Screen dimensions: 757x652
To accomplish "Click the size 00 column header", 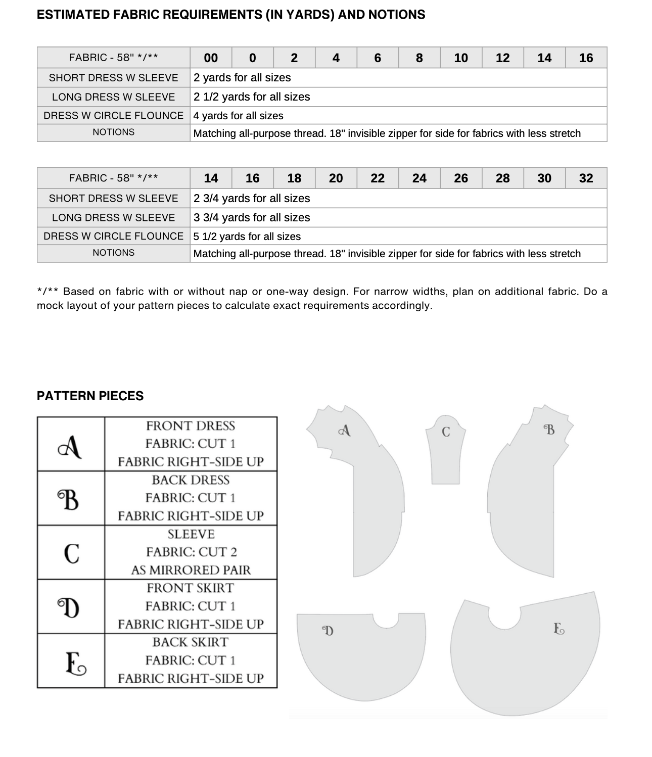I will [x=211, y=58].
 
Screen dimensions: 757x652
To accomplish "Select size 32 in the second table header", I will [x=586, y=178].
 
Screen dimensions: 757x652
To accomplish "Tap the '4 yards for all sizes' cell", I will [x=238, y=116].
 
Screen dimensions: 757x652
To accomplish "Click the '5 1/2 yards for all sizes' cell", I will [x=247, y=236].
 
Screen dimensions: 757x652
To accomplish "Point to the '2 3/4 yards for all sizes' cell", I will [x=252, y=199].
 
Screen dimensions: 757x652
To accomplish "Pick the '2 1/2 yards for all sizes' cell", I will [x=252, y=97].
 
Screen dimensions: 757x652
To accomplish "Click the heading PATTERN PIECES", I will [x=90, y=396].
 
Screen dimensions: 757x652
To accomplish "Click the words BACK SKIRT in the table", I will [x=191, y=642].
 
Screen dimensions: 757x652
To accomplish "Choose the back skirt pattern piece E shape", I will [x=526, y=667].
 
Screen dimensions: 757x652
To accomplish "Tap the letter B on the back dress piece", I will [x=549, y=430].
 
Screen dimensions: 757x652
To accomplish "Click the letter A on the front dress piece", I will [x=345, y=431].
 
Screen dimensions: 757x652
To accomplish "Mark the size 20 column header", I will [x=336, y=178].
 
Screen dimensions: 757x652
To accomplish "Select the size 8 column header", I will [x=419, y=58].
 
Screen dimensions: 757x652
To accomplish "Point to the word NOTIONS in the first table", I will [x=113, y=132].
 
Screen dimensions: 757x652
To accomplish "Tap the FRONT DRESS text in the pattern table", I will [x=191, y=426].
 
